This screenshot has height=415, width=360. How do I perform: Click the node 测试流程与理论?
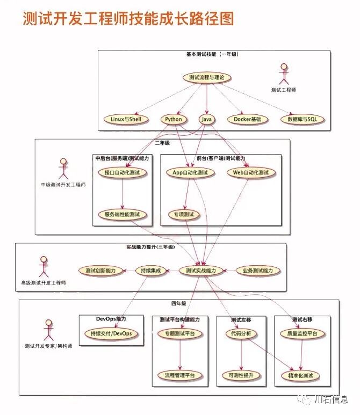(207, 78)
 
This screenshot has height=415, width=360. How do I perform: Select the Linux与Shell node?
(126, 119)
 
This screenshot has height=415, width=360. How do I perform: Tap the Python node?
(174, 119)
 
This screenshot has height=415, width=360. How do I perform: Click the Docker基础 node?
(247, 119)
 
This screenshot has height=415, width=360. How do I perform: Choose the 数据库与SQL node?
(303, 119)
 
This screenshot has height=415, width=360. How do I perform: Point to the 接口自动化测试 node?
(123, 173)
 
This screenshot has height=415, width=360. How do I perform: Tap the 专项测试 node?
(184, 215)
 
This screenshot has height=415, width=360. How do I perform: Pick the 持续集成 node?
(148, 271)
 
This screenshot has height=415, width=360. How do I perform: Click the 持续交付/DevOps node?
(111, 334)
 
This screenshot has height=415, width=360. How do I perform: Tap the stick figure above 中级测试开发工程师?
(63, 168)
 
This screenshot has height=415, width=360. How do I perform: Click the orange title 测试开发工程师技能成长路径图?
(128, 20)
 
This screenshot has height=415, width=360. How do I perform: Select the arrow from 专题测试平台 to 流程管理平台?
(179, 354)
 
